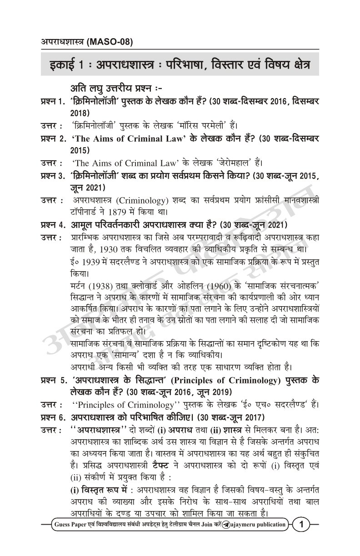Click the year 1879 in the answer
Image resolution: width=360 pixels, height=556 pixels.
tap(131, 211)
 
